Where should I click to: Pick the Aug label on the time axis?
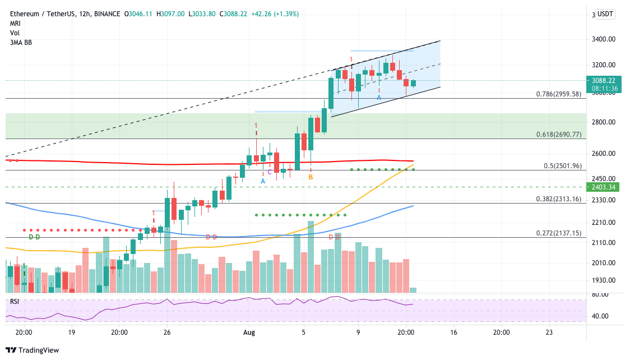(x=249, y=332)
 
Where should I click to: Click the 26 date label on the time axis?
(x=166, y=332)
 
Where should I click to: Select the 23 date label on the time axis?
(x=549, y=332)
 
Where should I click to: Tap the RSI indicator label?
(x=14, y=301)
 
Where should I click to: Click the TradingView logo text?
(x=38, y=350)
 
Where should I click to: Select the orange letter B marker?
(x=311, y=177)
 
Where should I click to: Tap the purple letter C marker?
(x=270, y=172)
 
